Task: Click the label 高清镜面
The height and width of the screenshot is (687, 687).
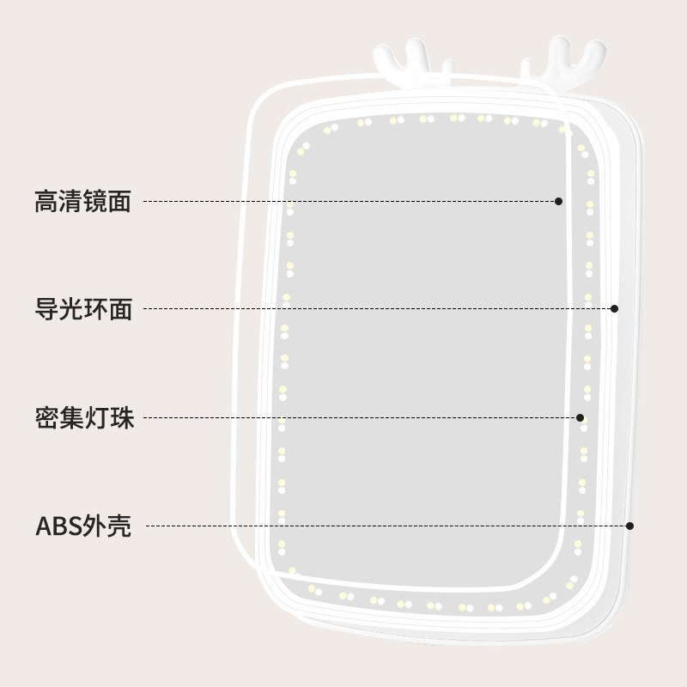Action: [82, 202]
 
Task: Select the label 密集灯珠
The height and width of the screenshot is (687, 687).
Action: [83, 419]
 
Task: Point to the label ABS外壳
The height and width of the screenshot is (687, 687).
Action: [83, 526]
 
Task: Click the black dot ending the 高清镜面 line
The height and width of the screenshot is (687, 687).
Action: [558, 201]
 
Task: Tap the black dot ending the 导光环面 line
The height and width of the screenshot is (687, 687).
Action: [614, 308]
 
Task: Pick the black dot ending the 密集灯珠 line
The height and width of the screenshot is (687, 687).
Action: [581, 418]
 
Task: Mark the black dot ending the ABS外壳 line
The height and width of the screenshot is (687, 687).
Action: [630, 526]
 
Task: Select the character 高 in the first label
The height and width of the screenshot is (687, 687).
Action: [46, 202]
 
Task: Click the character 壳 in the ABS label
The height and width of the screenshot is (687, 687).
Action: [120, 526]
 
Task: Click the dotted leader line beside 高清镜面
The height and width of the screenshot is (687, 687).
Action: [343, 201]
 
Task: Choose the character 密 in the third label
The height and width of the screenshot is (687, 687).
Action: [46, 419]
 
